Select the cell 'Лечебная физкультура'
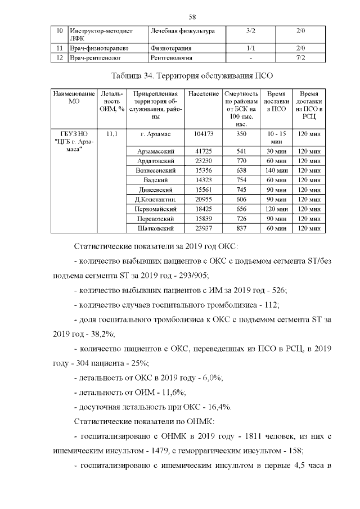182,31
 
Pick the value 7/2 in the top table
300,57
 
